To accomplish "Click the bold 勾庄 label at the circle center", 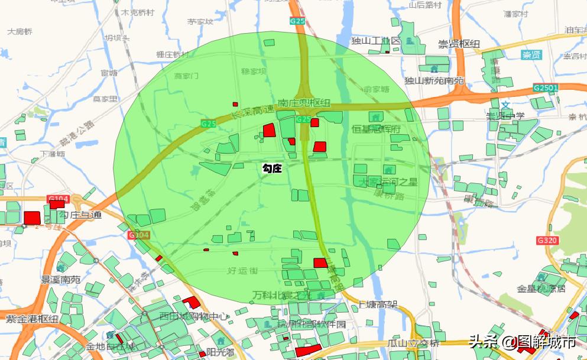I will (272, 168).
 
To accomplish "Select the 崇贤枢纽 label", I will (459, 44).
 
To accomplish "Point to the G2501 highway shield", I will (545, 87).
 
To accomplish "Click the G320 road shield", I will (547, 241).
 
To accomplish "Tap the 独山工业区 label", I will (376, 41).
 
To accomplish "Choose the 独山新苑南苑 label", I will (434, 80).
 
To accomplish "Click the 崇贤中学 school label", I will (505, 116).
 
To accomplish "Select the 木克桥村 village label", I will (138, 12).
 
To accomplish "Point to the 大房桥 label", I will (20, 32).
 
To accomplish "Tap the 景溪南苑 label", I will (60, 279).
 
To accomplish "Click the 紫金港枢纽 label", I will (32, 319).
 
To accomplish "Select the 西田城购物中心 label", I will (193, 316).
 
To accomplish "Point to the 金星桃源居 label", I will (541, 288).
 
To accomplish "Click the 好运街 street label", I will (243, 271).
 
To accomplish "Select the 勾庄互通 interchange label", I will (80, 215).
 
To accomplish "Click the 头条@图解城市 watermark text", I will (522, 342).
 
